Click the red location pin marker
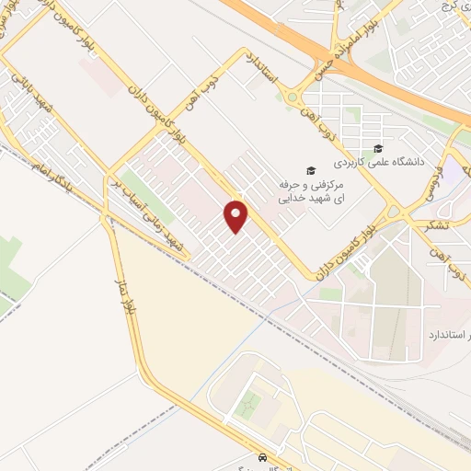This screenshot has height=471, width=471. click(236, 215)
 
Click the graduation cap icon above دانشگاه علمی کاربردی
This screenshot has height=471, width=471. click(378, 150)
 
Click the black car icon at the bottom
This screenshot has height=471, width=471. click(264, 457)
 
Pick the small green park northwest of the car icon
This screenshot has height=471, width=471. click(247, 405)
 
